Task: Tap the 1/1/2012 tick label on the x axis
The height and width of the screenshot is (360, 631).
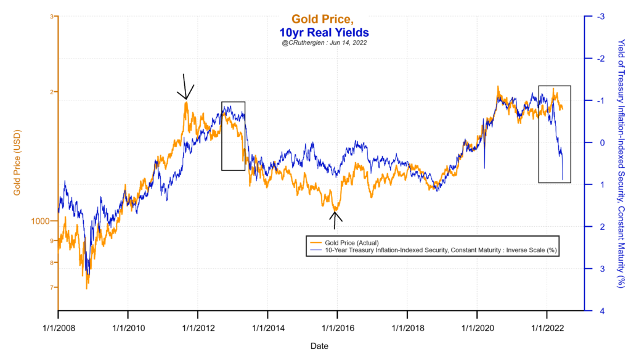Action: coord(197,321)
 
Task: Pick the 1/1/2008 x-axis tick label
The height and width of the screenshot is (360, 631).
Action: coord(58,321)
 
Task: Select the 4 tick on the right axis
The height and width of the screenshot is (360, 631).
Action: coord(593,311)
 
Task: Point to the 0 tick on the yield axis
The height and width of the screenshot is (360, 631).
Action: coord(593,142)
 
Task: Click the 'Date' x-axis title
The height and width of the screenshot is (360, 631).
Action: coord(320,346)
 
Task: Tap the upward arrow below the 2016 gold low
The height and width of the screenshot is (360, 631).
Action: coord(335,219)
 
